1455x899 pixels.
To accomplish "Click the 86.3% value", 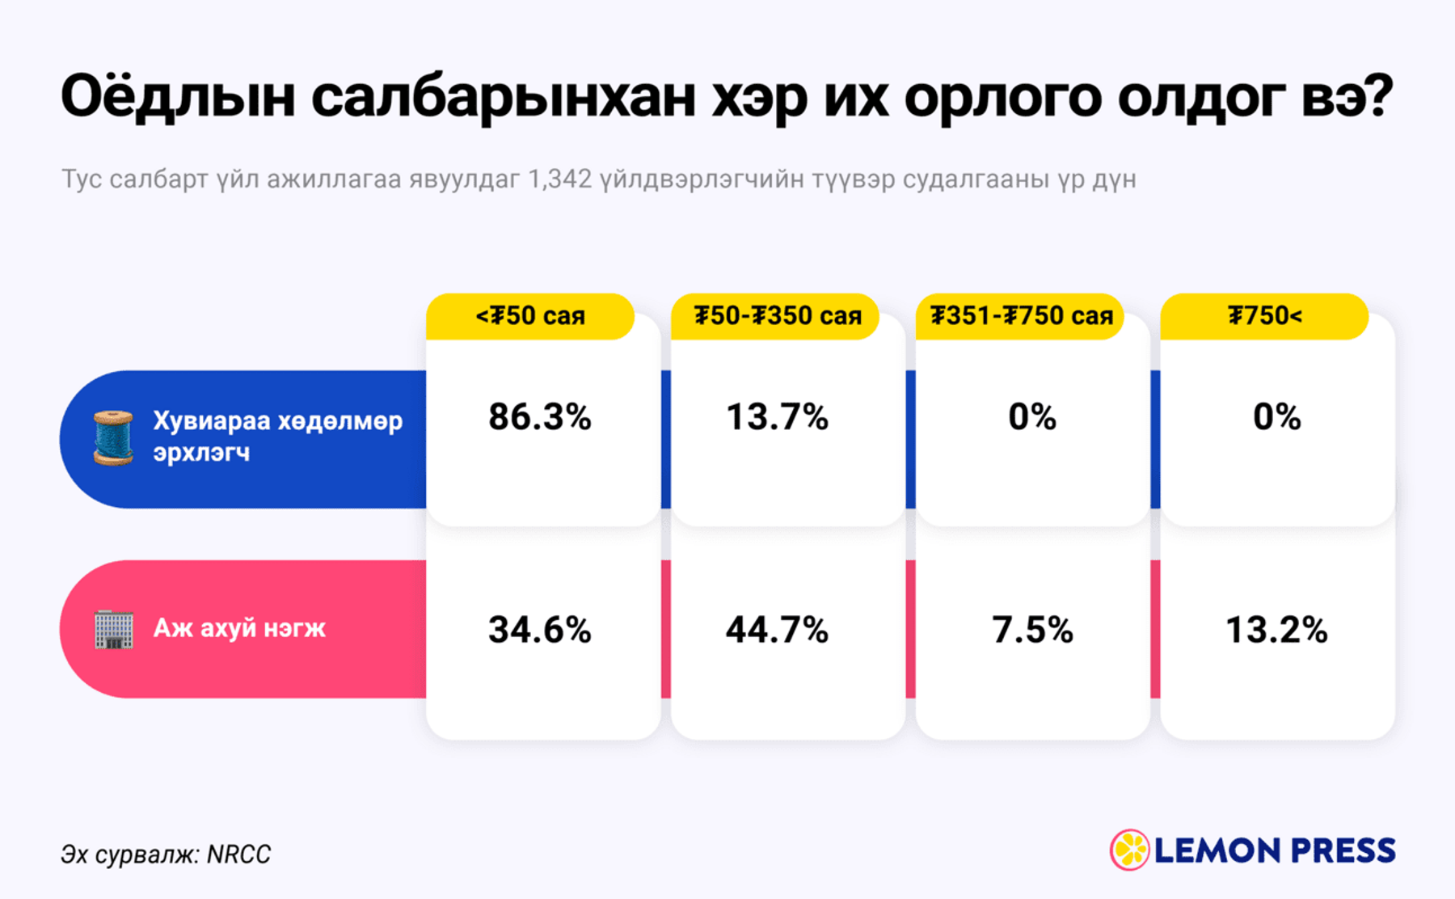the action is pyautogui.click(x=540, y=417).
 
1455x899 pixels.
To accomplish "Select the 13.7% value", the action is pyautogui.click(x=778, y=417).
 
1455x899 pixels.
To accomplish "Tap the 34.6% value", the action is pyautogui.click(x=540, y=630).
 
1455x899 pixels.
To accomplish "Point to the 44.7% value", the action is pyautogui.click(x=778, y=630).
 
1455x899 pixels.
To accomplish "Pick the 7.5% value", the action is pyautogui.click(x=1033, y=630).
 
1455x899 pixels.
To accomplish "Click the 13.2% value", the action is pyautogui.click(x=1277, y=630).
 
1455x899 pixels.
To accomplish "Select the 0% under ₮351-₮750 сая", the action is pyautogui.click(x=1032, y=417).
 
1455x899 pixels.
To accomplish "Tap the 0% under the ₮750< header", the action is pyautogui.click(x=1277, y=417).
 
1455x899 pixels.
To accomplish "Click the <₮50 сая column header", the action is pyautogui.click(x=530, y=316).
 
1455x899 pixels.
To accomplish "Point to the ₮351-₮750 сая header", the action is pyautogui.click(x=1020, y=316).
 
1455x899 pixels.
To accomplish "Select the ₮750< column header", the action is pyautogui.click(x=1264, y=316).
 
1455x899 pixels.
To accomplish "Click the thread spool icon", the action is pyautogui.click(x=113, y=437).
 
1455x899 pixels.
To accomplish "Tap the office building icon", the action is pyautogui.click(x=114, y=629).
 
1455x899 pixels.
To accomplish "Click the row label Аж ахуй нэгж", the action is pyautogui.click(x=239, y=628).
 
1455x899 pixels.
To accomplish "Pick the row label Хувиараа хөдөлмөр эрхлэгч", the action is pyautogui.click(x=277, y=437).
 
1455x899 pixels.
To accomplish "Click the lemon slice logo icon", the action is pyautogui.click(x=1130, y=850).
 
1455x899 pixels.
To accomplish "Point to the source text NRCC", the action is pyautogui.click(x=238, y=855).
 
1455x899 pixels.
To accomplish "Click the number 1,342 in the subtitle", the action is pyautogui.click(x=559, y=179).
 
